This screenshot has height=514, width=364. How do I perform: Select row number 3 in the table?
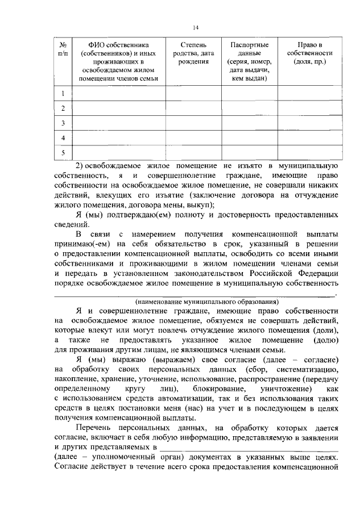click(64, 123)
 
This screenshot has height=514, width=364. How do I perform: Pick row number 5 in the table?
click(64, 152)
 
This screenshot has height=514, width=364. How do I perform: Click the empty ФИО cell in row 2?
click(118, 108)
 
